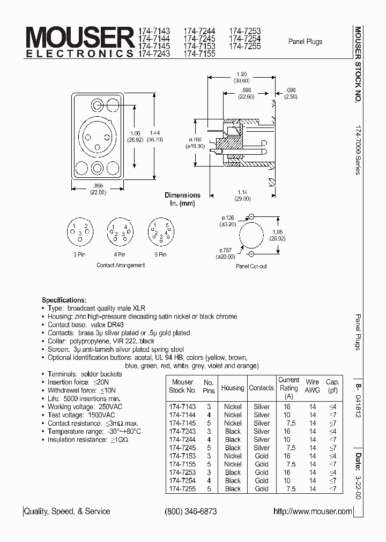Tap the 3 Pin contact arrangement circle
point(79,231)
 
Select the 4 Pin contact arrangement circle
point(120,231)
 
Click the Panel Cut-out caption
point(251,266)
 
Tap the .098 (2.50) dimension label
point(291,93)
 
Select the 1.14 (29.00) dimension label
point(242,195)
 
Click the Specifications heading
point(64,300)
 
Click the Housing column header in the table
point(233,388)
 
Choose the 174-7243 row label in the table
point(182,431)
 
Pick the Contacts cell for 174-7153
point(262,456)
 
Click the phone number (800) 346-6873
point(191,511)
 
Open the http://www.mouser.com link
point(313,511)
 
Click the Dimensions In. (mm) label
point(182,199)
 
